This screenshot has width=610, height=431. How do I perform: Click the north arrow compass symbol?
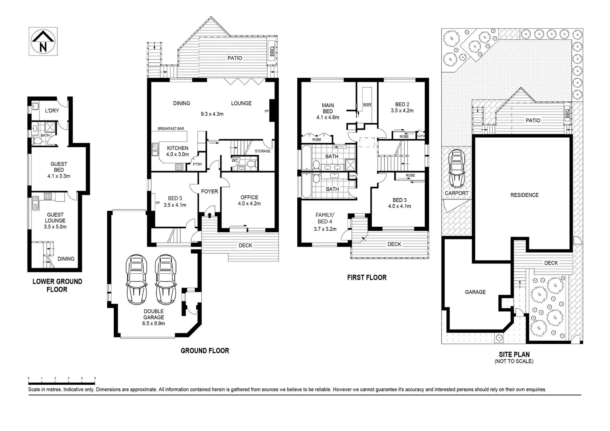click(x=43, y=42)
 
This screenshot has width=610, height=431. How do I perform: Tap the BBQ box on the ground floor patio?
click(x=272, y=51)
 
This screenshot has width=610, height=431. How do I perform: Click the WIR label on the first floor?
click(x=367, y=105)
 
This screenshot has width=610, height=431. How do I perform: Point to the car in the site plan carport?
click(x=456, y=168)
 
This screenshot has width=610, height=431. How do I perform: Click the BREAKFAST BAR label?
click(x=171, y=129)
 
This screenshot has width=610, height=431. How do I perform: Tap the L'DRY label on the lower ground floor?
click(x=52, y=111)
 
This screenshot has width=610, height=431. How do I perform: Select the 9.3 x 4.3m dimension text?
click(x=212, y=114)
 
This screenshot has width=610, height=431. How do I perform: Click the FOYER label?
click(x=209, y=192)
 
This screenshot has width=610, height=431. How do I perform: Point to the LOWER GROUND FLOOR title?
click(x=57, y=285)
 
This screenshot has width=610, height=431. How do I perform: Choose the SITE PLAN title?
click(x=514, y=354)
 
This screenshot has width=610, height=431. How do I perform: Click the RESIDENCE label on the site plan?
click(x=525, y=195)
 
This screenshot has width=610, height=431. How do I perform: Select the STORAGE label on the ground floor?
click(x=263, y=151)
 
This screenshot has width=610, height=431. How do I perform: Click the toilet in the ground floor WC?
click(x=251, y=164)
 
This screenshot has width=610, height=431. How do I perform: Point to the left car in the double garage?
click(x=136, y=279)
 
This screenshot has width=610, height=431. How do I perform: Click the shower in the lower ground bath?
click(x=50, y=127)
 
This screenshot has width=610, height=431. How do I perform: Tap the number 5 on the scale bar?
click(x=95, y=378)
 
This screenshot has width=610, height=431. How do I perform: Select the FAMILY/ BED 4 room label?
click(x=325, y=222)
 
